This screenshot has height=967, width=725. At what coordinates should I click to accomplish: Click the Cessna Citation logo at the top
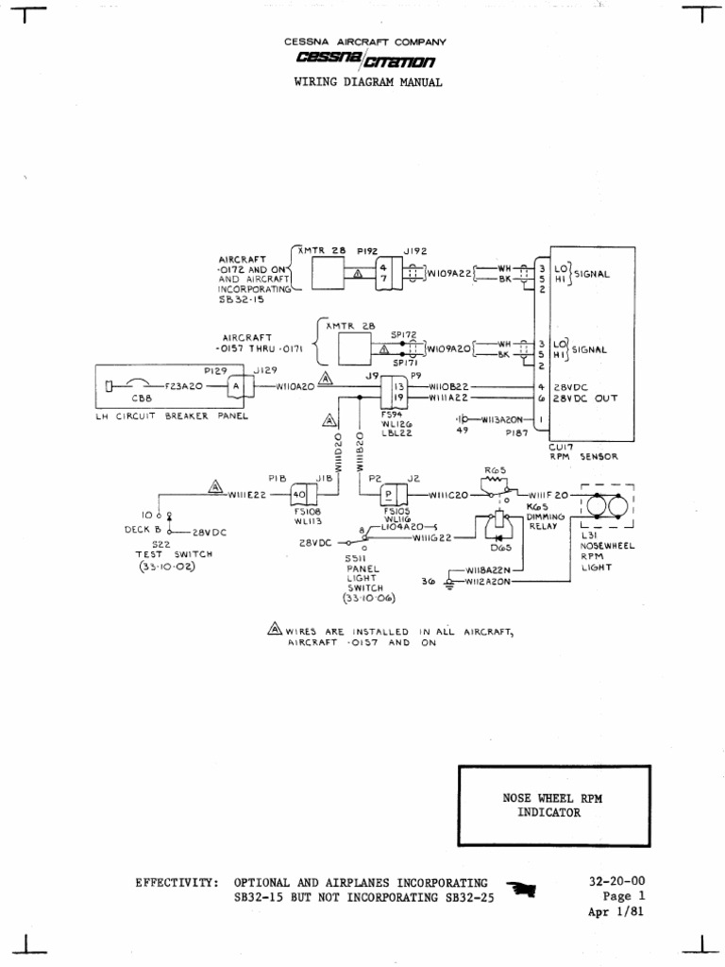click(364, 61)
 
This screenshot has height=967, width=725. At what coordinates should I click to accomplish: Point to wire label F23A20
click(188, 386)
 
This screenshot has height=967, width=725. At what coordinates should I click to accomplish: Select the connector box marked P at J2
click(388, 494)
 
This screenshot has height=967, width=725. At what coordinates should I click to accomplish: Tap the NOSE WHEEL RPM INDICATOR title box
click(552, 805)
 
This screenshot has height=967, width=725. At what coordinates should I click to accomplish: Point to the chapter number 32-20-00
click(615, 881)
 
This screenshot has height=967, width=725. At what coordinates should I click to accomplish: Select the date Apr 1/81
click(616, 911)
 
